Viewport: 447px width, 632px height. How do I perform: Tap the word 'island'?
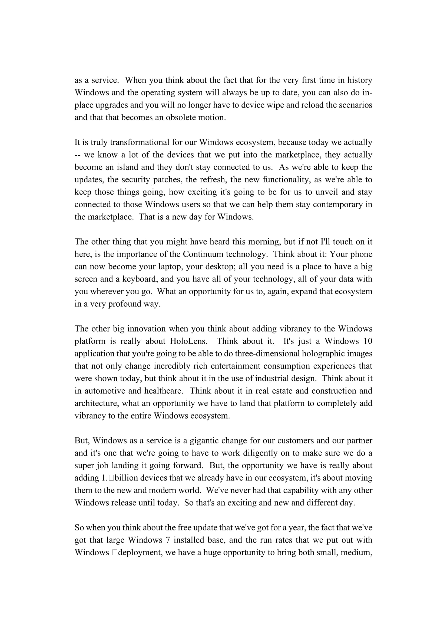pos(125,167)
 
